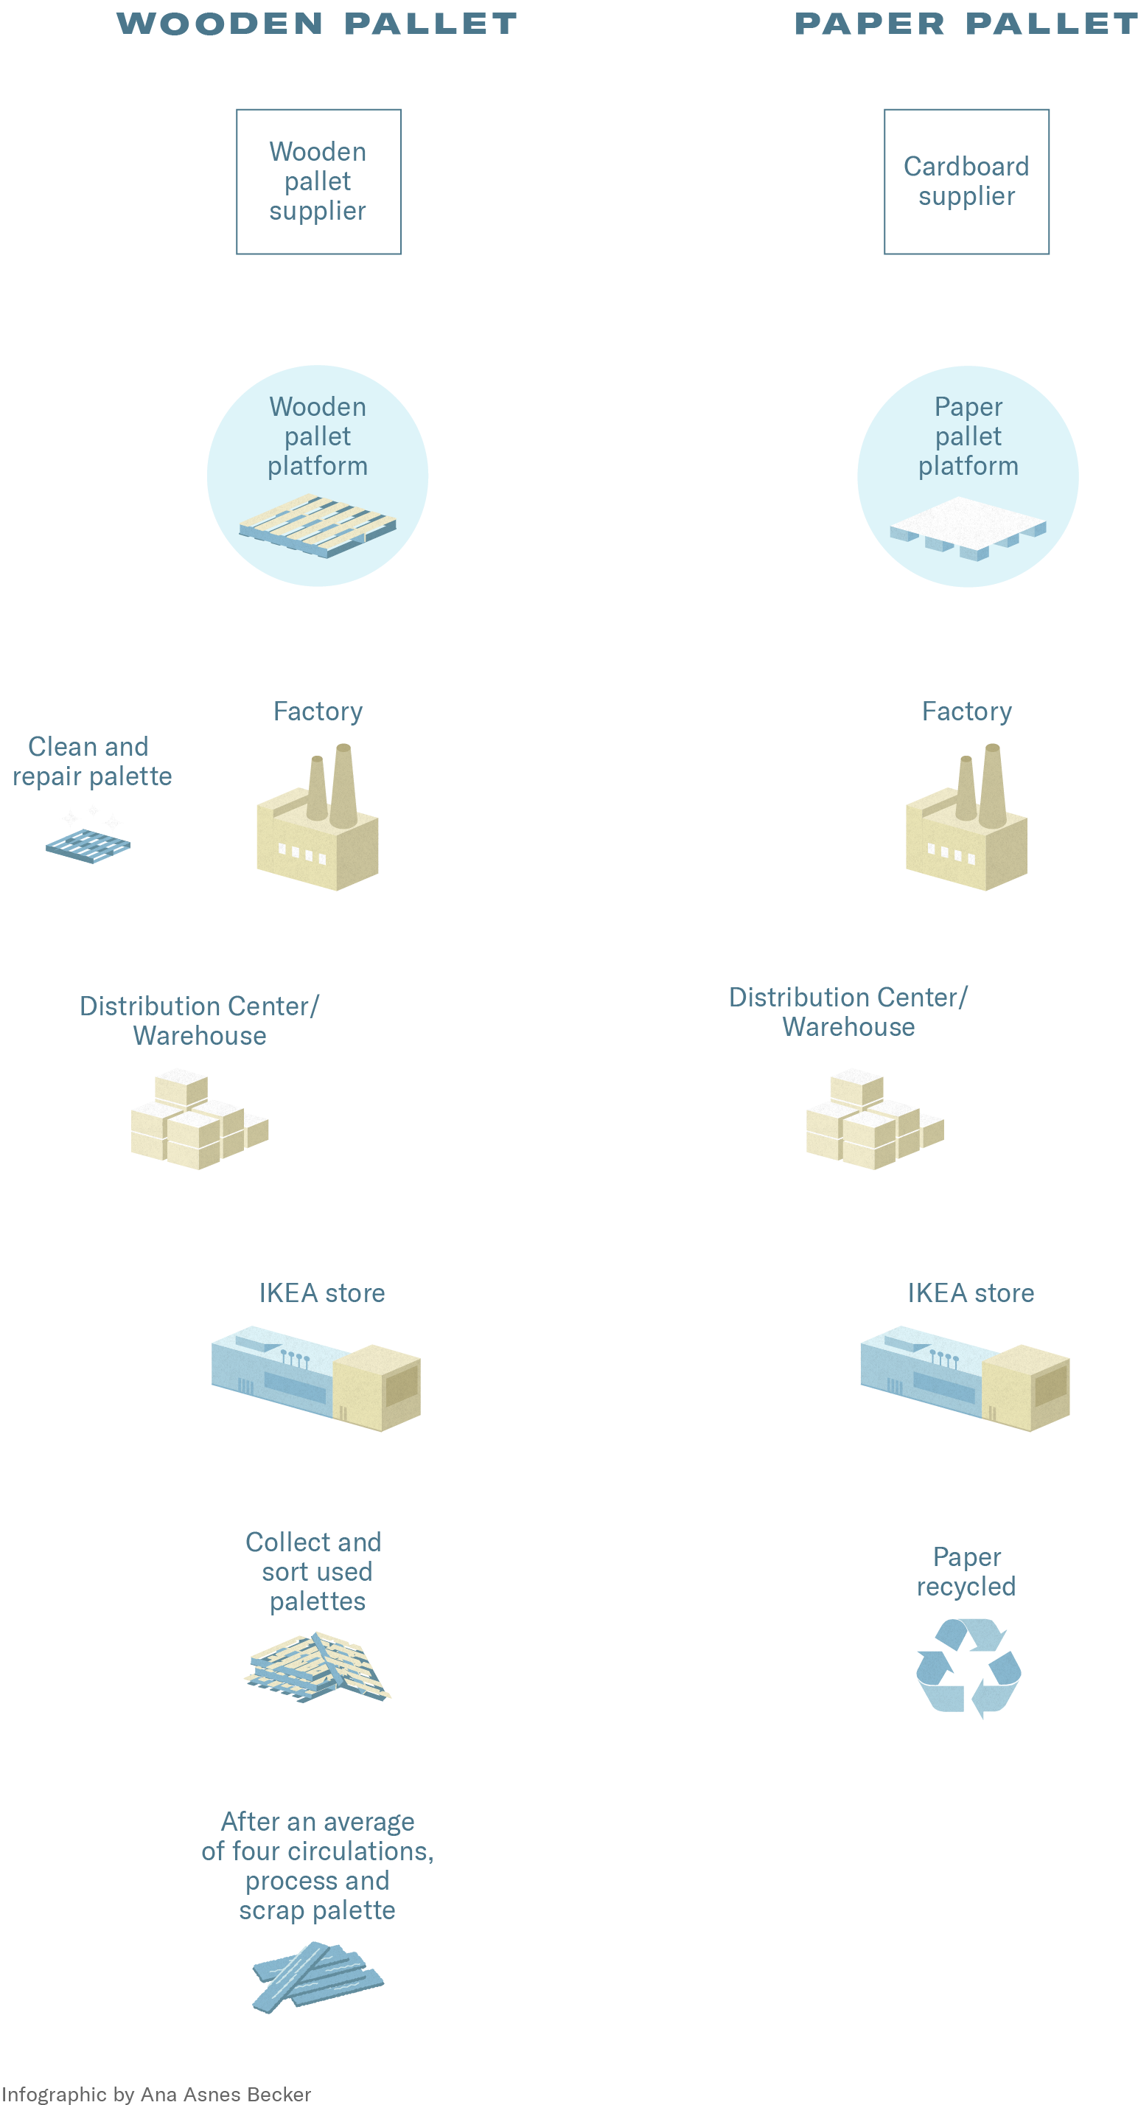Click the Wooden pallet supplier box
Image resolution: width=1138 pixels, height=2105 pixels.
[x=318, y=181]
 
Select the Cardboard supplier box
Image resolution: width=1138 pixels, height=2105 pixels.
[x=966, y=181]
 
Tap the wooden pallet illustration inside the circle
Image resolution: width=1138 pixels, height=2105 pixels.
[x=318, y=526]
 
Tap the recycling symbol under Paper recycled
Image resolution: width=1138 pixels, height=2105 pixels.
[x=968, y=1668]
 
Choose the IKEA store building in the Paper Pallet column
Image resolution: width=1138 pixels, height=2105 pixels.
[x=965, y=1379]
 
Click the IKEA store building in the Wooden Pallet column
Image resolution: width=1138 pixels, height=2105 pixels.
[x=316, y=1379]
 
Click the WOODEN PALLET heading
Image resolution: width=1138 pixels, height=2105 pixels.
[x=317, y=24]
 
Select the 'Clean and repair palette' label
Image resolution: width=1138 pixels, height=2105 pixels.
[x=91, y=761]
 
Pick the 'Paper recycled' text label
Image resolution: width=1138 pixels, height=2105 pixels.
[x=966, y=1571]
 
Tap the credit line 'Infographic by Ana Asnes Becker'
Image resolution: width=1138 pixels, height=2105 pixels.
[x=156, y=2093]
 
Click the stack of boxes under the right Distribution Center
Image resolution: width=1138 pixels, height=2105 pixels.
[x=874, y=1119]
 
